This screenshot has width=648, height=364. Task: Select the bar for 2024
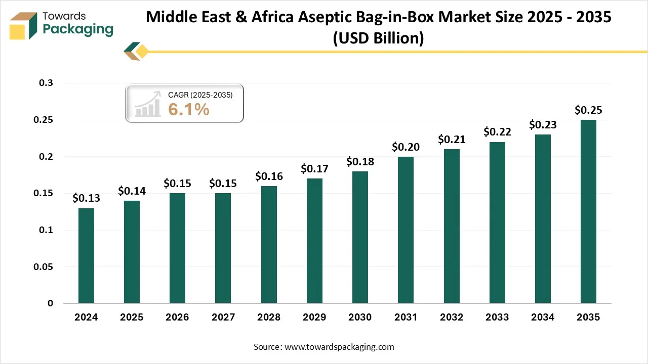point(86,256)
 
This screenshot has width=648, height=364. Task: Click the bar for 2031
point(406,230)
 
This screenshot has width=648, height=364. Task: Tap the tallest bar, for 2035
point(588,211)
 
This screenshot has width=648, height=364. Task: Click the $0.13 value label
point(86,198)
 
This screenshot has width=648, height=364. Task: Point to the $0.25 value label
point(588,110)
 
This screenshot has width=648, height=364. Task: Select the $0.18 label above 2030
point(360,162)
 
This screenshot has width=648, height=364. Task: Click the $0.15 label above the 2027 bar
point(223,184)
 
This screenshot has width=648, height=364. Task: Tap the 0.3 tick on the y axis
point(46,83)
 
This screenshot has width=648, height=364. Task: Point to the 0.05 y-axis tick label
point(43,266)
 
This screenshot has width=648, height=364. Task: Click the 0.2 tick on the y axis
point(46,157)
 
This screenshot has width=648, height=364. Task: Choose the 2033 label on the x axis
point(497,317)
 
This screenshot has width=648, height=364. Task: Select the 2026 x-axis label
point(177,317)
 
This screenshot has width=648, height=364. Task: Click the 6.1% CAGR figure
point(189,109)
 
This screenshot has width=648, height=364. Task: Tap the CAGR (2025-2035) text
point(200,95)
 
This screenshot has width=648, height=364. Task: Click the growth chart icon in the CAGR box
point(147,104)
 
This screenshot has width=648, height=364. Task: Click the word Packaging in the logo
point(78,29)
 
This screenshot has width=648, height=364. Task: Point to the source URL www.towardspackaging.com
point(339,347)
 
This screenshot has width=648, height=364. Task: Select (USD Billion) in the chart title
point(378,38)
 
